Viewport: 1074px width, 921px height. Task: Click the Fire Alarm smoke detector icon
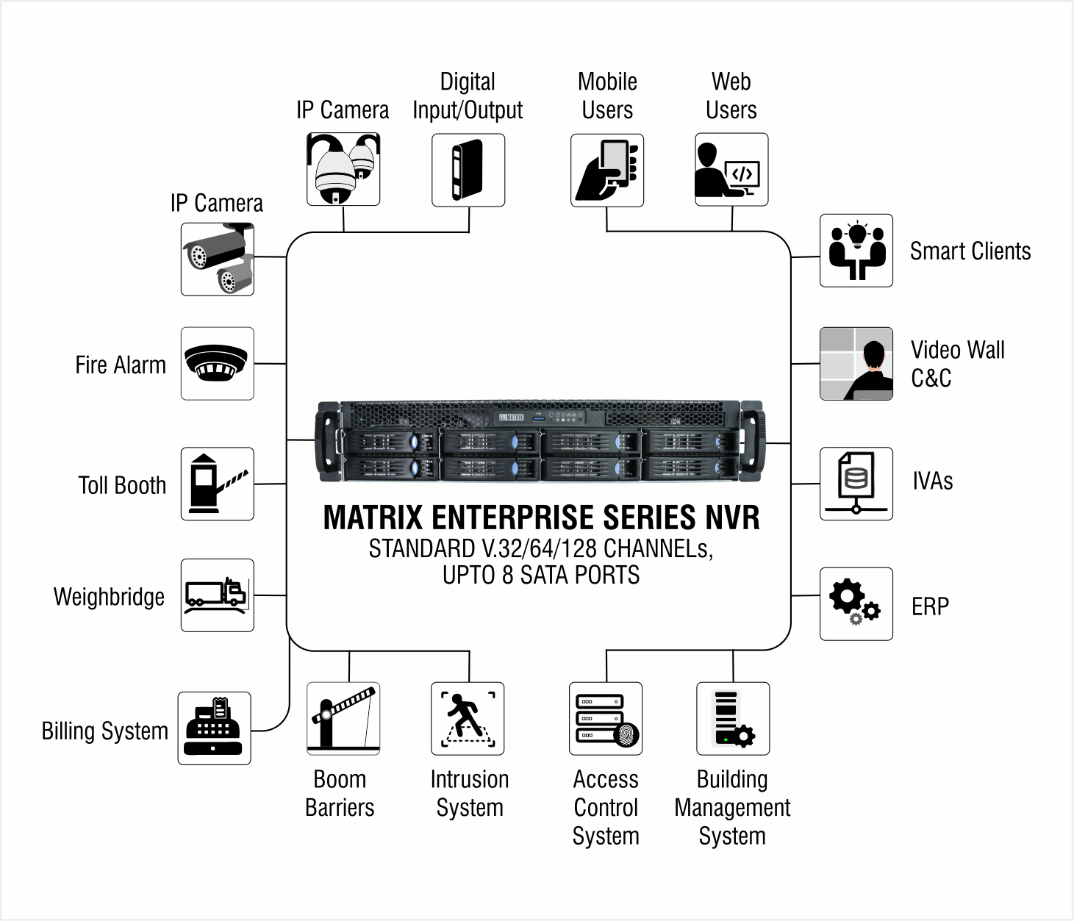coord(218,364)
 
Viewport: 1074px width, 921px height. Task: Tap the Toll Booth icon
coord(218,484)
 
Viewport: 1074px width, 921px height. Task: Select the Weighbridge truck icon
coord(218,595)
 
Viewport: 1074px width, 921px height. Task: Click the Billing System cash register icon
coord(214,728)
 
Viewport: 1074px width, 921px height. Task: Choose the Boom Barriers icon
coord(343,718)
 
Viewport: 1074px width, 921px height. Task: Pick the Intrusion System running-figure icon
coord(468,718)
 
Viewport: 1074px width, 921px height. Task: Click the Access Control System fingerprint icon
coord(606,718)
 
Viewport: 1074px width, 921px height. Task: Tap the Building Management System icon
coord(733,718)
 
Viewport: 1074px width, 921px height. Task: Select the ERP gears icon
coord(856,603)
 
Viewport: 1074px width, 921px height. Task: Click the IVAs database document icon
coord(856,484)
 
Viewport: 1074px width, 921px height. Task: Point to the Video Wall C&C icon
coord(856,364)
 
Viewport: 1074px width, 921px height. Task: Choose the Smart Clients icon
coord(856,251)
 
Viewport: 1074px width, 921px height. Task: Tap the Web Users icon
coord(731,170)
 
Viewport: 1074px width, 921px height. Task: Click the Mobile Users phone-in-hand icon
coord(607,170)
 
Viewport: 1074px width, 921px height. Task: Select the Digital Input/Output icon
coord(468,170)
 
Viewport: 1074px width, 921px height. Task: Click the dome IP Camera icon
coord(343,169)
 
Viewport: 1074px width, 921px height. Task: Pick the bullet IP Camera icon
coord(218,259)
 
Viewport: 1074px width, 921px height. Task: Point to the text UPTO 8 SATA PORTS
coord(541,575)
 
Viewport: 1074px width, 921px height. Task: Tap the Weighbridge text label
coord(109,597)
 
